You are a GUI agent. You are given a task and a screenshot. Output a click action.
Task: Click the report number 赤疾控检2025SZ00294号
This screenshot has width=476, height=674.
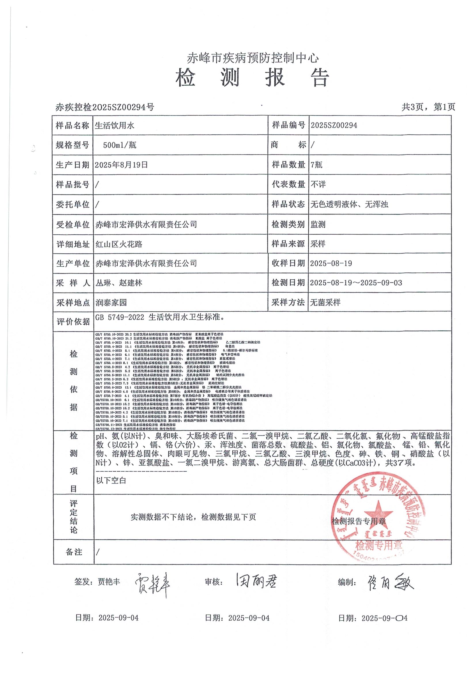click(x=105, y=108)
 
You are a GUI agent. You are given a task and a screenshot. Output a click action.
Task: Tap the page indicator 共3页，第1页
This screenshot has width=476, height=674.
click(x=428, y=107)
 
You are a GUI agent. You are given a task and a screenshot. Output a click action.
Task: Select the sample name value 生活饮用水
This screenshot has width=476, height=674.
click(x=114, y=126)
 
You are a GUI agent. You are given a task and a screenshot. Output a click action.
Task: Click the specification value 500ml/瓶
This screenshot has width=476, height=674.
click(x=120, y=145)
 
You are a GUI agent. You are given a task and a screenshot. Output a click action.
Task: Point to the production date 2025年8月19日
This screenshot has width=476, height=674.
click(x=121, y=165)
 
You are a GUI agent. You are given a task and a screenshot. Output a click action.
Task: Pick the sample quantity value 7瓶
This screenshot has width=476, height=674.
click(x=316, y=165)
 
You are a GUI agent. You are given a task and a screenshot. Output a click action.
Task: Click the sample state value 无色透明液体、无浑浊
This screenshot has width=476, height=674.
click(x=349, y=204)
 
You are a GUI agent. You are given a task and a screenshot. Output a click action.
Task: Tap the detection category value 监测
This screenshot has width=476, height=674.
click(x=318, y=225)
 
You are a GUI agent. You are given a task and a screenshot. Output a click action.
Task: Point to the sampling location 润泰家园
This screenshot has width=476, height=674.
click(x=111, y=303)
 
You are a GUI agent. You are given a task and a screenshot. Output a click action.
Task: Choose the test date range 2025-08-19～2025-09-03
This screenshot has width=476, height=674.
click(x=356, y=283)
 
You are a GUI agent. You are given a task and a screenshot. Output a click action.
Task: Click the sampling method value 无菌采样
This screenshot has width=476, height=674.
click(x=325, y=302)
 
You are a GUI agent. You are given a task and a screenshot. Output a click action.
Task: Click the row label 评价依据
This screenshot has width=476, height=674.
click(x=73, y=322)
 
